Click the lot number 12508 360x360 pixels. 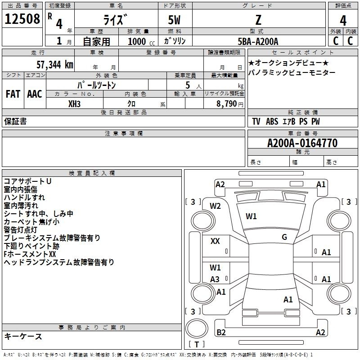[22, 18]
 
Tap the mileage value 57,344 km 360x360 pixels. [55, 65]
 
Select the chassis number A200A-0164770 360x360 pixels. [302, 143]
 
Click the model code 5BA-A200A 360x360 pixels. [258, 41]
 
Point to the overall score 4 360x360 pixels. [343, 21]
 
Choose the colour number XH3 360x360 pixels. [74, 104]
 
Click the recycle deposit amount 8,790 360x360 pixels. [226, 103]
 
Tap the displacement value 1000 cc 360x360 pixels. [141, 41]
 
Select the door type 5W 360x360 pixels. [174, 20]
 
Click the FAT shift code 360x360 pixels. [13, 94]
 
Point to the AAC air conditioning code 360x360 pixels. [35, 94]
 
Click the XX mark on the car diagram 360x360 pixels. [215, 241]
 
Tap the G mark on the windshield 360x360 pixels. [284, 237]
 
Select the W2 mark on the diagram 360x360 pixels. [215, 206]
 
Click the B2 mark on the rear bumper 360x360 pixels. [221, 332]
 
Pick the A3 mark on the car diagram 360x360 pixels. [215, 279]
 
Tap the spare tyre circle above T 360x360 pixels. [197, 328]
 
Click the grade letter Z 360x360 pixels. [258, 20]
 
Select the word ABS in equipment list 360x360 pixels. [272, 121]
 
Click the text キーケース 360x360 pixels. [23, 337]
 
